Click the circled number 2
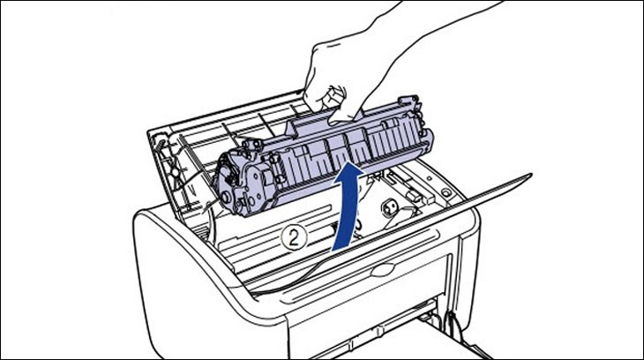294,236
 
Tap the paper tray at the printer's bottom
494,340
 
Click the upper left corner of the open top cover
152,132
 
